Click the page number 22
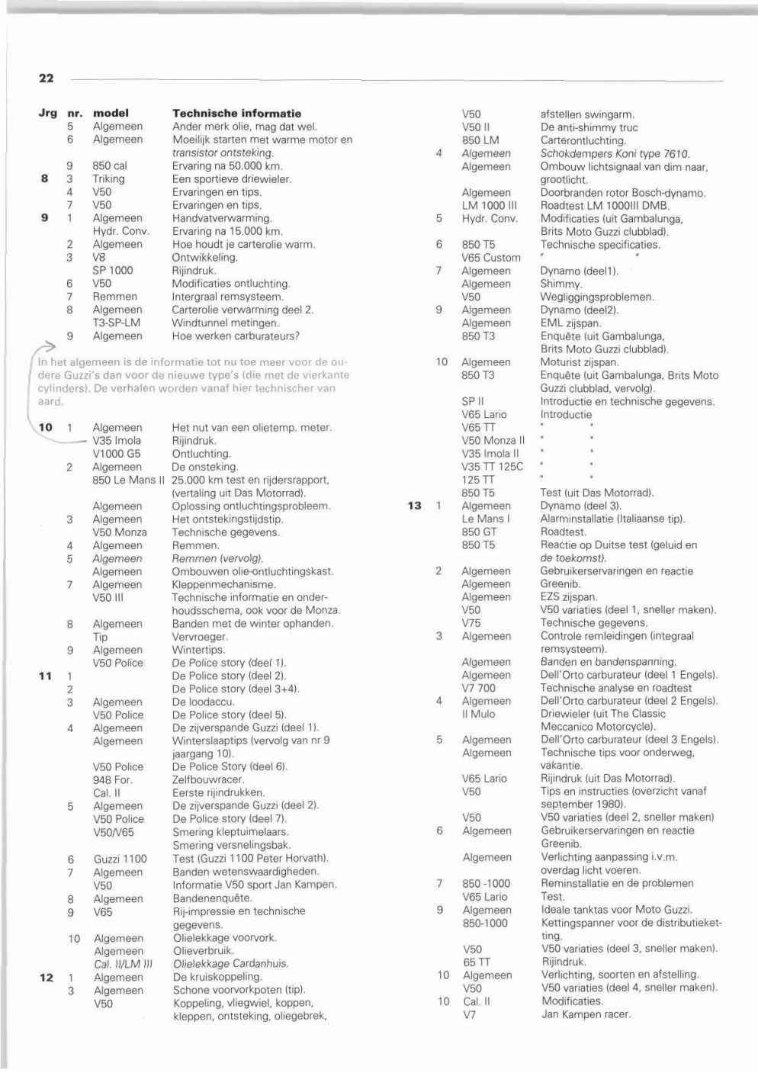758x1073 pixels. point(46,78)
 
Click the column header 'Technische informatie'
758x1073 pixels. point(236,113)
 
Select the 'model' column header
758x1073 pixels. point(111,113)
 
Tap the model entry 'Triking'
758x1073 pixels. point(108,178)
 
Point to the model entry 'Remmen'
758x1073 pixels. point(114,297)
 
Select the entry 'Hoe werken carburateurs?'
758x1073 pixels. point(236,336)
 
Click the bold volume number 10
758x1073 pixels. point(46,427)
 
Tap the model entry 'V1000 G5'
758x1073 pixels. point(116,454)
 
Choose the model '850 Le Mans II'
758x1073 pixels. point(128,480)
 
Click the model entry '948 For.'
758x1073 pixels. point(112,779)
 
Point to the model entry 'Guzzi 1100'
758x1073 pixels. point(120,859)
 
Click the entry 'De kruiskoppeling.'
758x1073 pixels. point(217,977)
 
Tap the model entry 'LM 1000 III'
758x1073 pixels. point(489,205)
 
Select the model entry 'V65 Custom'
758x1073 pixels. point(490,258)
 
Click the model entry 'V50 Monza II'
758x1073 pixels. point(493,440)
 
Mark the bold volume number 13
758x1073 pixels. point(414,506)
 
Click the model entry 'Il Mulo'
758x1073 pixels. point(478,714)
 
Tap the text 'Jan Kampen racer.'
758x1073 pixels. point(586,1014)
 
